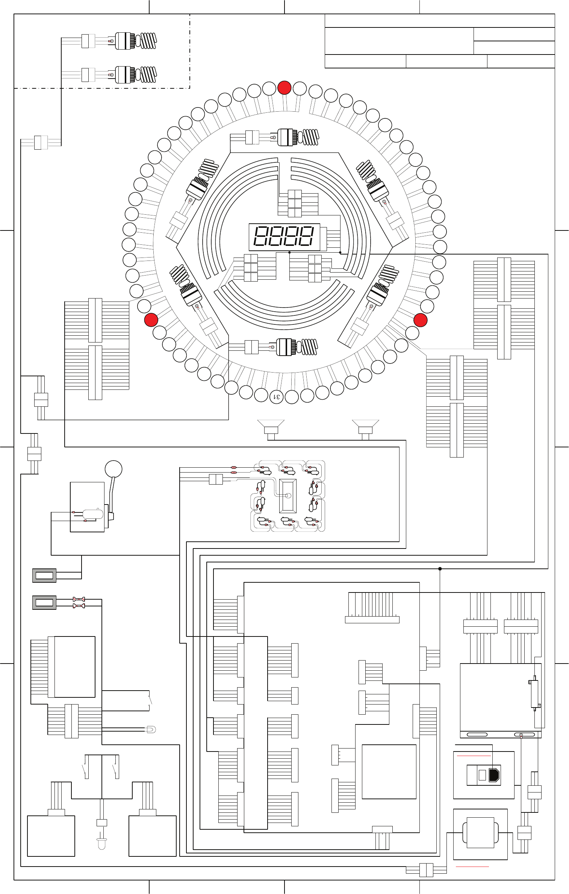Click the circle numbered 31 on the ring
[276, 397]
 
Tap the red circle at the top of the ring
[284, 88]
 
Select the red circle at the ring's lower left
[151, 320]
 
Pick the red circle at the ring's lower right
[420, 320]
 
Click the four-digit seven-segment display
[284, 237]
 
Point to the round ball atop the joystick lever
[113, 469]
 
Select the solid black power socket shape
[494, 775]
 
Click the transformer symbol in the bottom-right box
[480, 832]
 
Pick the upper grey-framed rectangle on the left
[44, 575]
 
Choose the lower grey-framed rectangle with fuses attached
[44, 602]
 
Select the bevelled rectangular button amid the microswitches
[288, 495]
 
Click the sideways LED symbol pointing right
[151, 730]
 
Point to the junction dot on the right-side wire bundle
[440, 569]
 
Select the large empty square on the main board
[389, 771]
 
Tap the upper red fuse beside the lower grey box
[79, 599]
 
